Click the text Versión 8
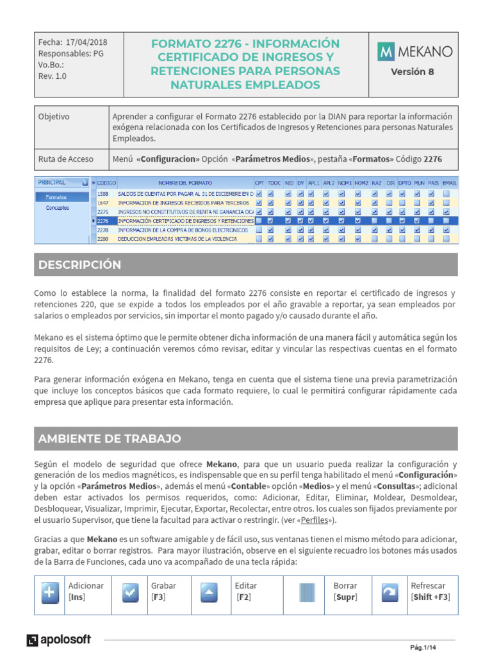(412, 72)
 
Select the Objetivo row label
(54, 117)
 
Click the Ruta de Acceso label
(66, 158)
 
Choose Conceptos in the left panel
(57, 208)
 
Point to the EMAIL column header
(450, 183)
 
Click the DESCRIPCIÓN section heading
(79, 265)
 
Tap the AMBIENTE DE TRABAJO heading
(110, 439)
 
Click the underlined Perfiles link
(319, 520)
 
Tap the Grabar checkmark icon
(130, 593)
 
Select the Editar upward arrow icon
(209, 593)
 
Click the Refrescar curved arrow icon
(389, 593)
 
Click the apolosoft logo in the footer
(59, 640)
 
